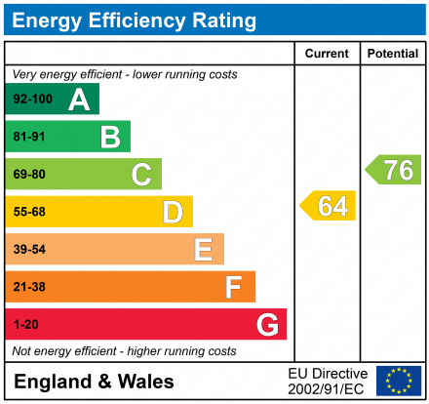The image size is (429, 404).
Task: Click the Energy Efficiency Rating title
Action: click(x=135, y=20)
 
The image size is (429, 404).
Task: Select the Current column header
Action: click(x=327, y=54)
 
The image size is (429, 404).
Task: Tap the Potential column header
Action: click(x=392, y=54)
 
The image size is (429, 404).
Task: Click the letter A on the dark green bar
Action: click(x=79, y=100)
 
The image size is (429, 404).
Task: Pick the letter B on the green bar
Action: click(x=110, y=138)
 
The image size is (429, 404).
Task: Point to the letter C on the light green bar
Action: click(x=141, y=175)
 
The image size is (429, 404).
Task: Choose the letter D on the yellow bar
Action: click(x=173, y=212)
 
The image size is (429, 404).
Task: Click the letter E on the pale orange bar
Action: click(x=203, y=250)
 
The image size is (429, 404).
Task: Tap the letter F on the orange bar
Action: click(x=234, y=287)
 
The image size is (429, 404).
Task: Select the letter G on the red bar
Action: click(x=266, y=324)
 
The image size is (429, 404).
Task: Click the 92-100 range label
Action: click(x=32, y=100)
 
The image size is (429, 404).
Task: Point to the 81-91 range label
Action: click(x=29, y=138)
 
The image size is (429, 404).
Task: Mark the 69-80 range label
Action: click(x=29, y=175)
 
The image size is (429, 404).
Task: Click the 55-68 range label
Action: click(x=29, y=212)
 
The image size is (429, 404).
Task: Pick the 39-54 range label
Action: click(x=29, y=250)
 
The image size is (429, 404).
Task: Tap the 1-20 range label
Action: click(x=25, y=324)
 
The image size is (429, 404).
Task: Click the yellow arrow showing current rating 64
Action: click(x=329, y=206)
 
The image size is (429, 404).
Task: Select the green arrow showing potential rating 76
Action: click(x=394, y=169)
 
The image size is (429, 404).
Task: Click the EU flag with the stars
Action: click(x=398, y=381)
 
